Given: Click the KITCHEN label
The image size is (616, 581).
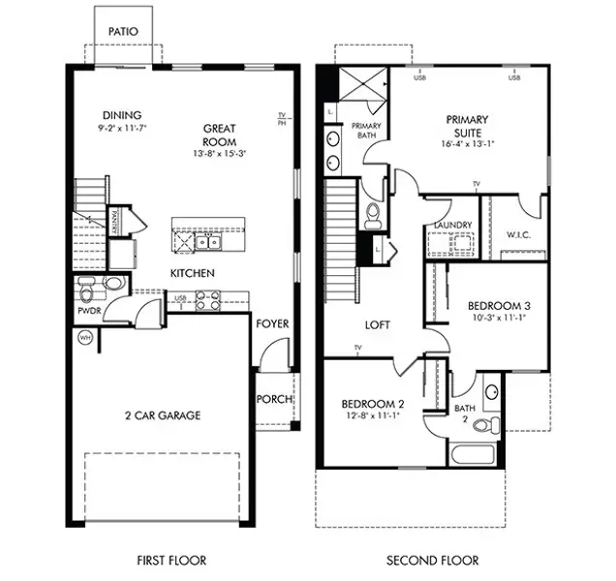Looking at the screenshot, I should point(193,273).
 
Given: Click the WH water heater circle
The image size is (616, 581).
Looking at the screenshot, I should point(84,339).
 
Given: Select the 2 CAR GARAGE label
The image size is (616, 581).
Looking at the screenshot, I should point(162,415).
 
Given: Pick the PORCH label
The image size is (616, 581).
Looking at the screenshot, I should point(274,399).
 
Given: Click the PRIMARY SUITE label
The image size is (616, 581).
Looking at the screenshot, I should point(468,126).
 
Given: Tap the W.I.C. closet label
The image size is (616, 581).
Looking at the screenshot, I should point(519,234).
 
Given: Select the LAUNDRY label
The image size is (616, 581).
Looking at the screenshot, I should point(453,226).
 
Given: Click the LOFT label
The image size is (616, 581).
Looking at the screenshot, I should point(377,324).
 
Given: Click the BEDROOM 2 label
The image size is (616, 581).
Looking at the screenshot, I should point(373,403).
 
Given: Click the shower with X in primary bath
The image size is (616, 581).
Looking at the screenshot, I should point(359,86).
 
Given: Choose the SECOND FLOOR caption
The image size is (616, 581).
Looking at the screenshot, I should point(432,561).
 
